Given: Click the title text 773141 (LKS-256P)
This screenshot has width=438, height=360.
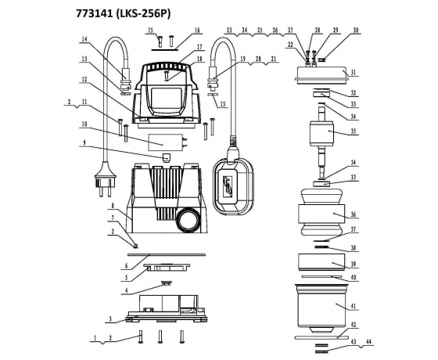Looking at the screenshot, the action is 124,14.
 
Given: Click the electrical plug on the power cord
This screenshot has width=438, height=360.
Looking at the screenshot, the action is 105,179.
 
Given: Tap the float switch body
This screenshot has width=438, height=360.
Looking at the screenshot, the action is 234,187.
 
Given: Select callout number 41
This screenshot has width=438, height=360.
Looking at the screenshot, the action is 354,307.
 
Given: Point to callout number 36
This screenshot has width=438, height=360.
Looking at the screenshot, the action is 354,214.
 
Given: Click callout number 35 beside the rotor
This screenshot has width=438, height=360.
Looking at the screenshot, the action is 354,131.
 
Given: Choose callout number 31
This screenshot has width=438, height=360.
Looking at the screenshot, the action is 354,72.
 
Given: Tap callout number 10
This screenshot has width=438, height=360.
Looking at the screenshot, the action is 84,124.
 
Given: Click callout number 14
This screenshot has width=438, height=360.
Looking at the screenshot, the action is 84,39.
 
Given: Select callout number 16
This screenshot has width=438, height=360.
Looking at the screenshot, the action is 197,31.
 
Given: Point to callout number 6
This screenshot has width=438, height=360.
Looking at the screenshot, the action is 126,266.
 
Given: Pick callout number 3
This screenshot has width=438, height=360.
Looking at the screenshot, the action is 110,319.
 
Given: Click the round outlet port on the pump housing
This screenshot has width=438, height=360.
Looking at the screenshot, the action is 188,219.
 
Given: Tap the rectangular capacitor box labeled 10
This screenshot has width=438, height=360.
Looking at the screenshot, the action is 164,142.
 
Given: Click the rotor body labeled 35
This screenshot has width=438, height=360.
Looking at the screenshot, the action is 321,133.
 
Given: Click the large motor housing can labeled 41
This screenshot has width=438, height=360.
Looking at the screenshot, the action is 321,308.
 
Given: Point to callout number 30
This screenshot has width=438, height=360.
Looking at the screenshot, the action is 355,31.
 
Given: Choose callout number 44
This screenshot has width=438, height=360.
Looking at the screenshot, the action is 369,342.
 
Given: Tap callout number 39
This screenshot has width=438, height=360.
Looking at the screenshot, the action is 354,265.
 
